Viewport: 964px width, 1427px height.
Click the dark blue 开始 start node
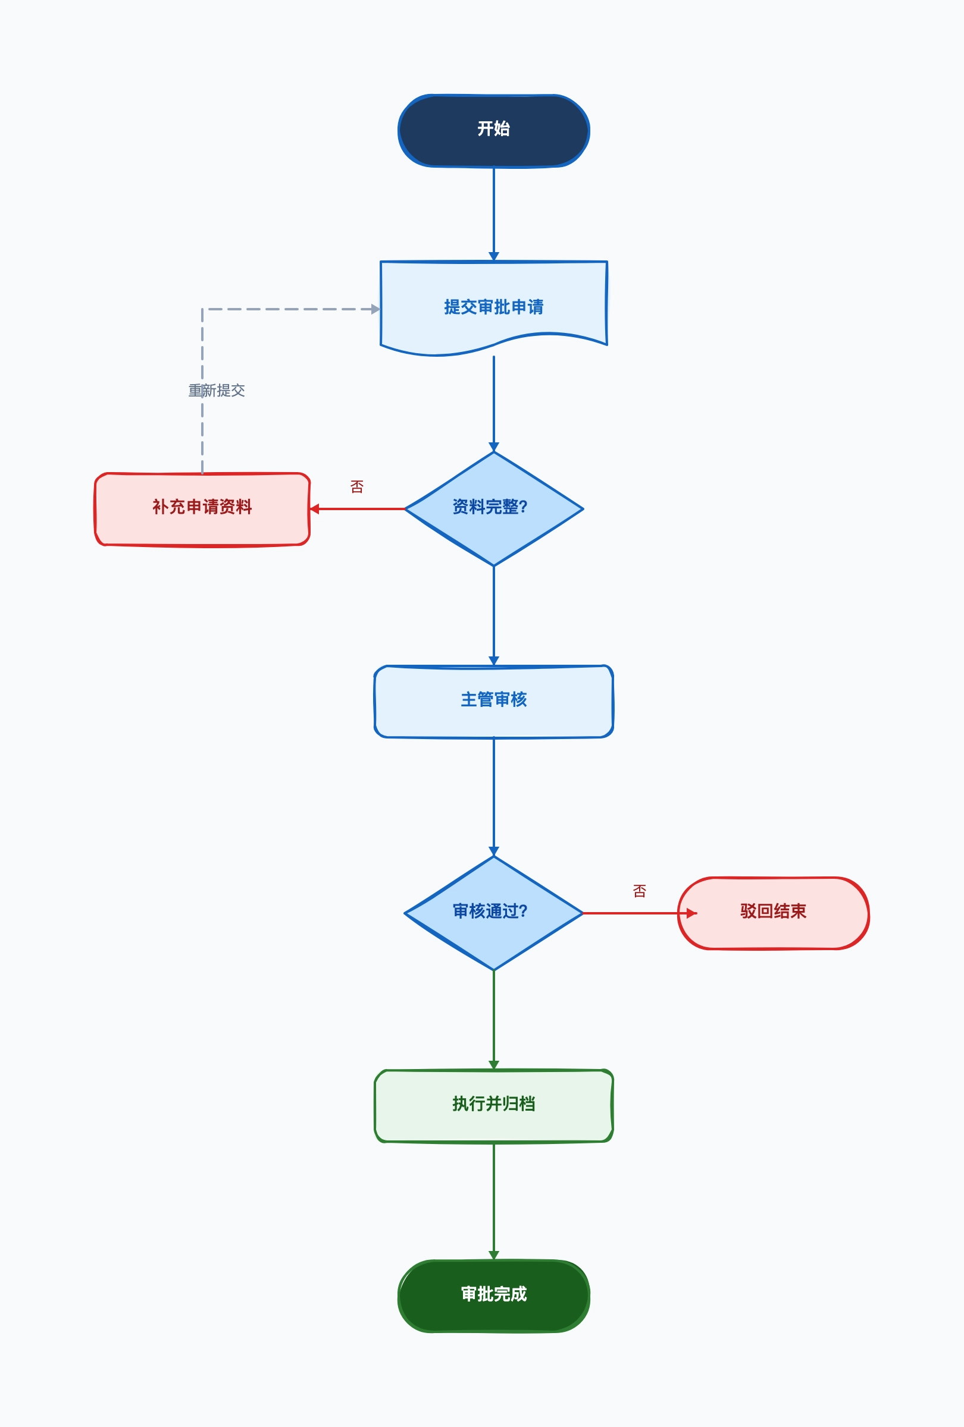493,130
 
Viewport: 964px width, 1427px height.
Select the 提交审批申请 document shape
493,307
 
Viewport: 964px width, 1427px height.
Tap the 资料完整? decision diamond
493,508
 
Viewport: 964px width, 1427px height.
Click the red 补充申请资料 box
202,509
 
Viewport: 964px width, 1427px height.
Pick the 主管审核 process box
493,701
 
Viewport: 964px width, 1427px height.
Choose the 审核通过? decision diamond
493,913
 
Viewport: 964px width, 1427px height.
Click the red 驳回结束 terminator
773,913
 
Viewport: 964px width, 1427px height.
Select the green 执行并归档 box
493,1106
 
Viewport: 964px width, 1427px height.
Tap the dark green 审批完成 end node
493,1296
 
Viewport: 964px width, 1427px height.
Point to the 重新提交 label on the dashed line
216,391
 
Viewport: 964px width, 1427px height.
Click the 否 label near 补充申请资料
357,487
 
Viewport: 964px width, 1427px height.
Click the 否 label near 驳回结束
640,891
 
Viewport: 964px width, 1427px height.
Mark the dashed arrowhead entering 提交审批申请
375,309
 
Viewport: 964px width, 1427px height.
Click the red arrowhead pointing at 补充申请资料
315,509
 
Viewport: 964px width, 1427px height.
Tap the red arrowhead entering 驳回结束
692,913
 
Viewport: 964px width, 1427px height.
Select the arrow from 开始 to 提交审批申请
493,214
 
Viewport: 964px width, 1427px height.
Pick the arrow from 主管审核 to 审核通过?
493,797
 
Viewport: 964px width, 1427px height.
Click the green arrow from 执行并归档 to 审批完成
493,1202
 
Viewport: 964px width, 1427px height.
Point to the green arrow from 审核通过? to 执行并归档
493,1020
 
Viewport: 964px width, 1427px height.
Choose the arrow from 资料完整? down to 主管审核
493,615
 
